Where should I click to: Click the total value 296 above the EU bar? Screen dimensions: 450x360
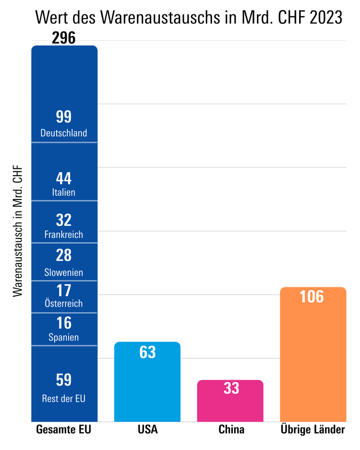(x=64, y=38)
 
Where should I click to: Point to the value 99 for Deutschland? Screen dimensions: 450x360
(x=64, y=117)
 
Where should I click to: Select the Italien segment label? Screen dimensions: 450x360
(x=64, y=192)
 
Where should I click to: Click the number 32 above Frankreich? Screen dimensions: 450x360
(x=64, y=220)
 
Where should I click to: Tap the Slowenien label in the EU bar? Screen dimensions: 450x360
(x=64, y=272)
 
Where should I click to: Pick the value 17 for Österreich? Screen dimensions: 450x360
(x=64, y=291)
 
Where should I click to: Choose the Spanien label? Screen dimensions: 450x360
(x=64, y=337)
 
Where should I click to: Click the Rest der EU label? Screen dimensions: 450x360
(x=64, y=398)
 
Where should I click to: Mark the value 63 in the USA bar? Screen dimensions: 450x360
(x=147, y=352)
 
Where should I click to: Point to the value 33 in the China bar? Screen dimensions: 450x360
(x=231, y=388)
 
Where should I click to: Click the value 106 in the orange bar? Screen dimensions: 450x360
(x=312, y=297)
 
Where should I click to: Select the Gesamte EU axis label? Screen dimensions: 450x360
(x=64, y=429)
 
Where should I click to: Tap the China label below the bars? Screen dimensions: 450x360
(x=231, y=429)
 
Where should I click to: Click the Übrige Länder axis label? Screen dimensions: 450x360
(x=312, y=429)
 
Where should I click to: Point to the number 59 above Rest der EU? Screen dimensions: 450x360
(x=64, y=380)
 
